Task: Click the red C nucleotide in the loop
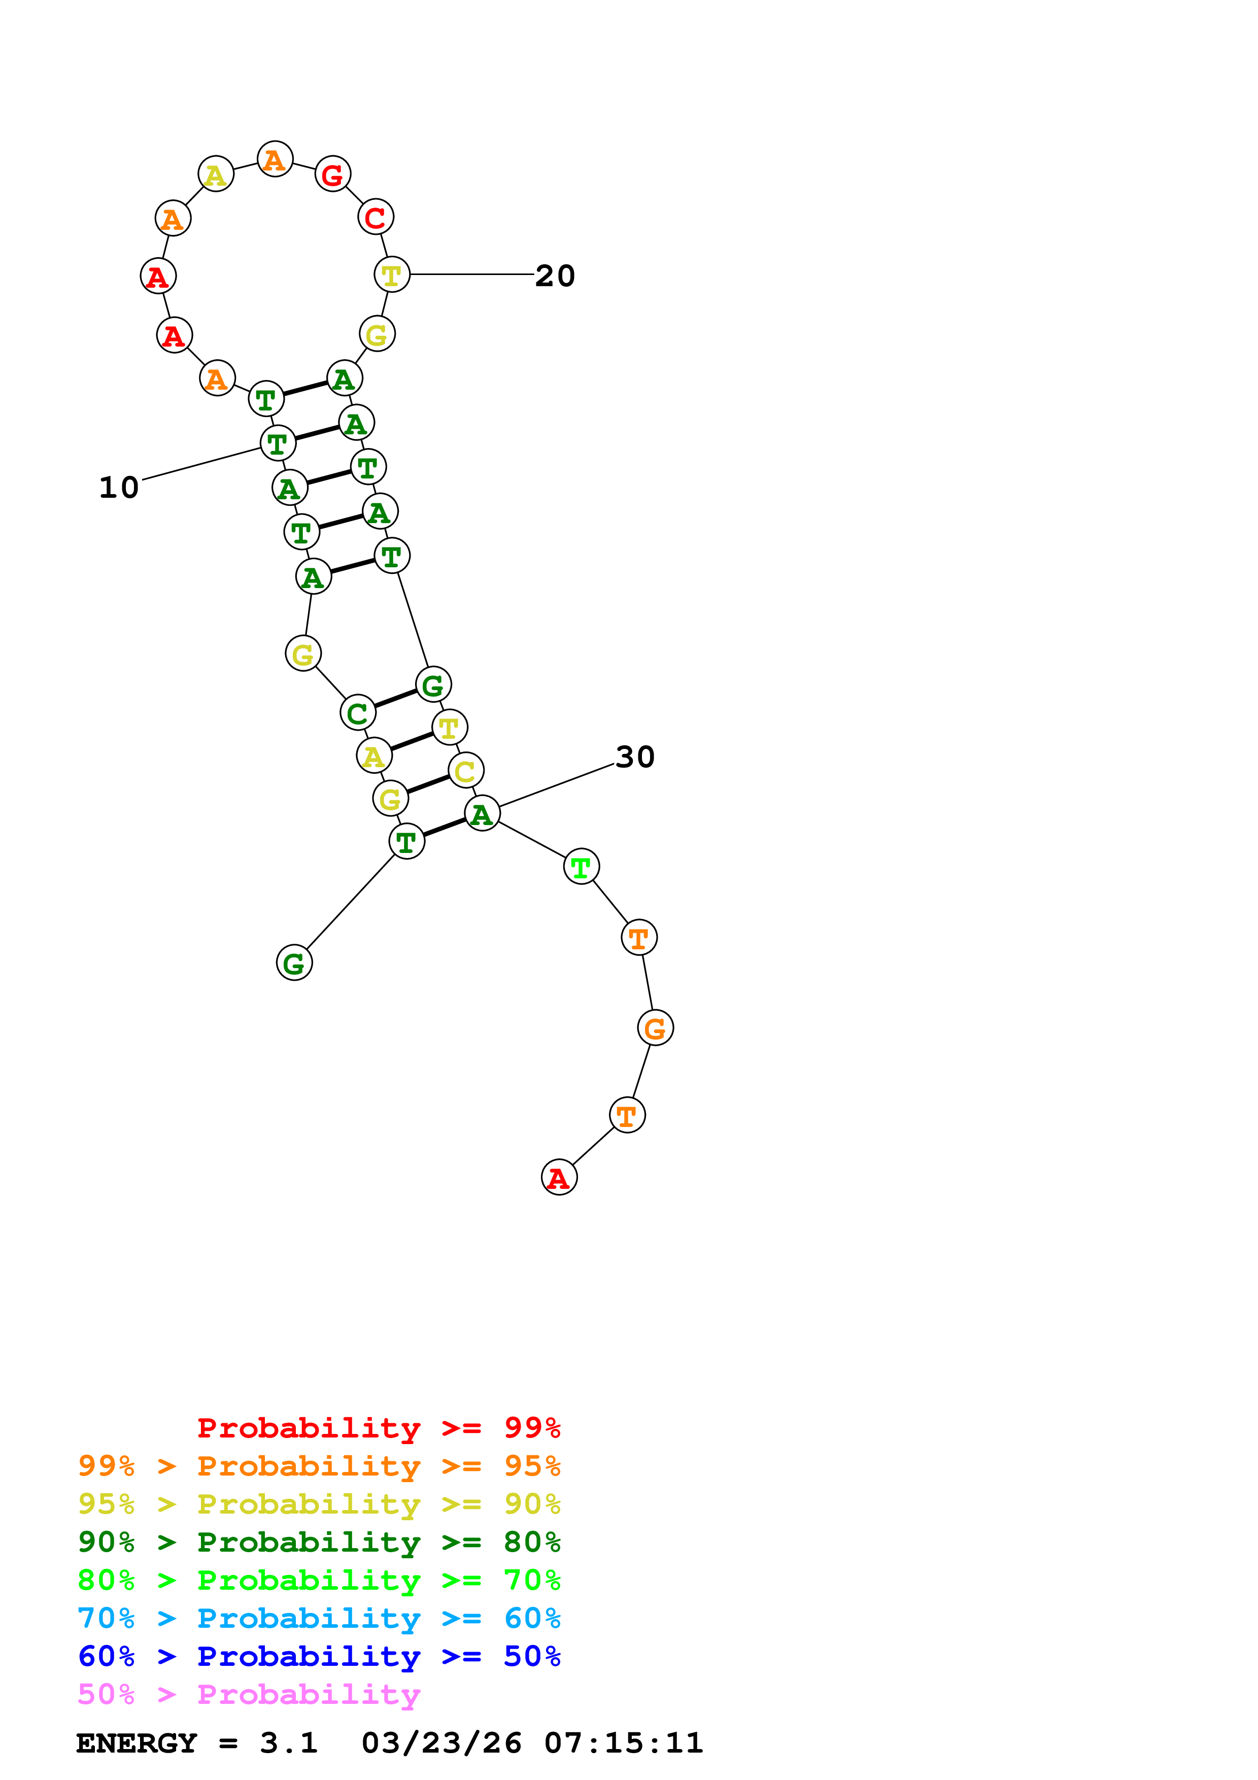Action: pyautogui.click(x=375, y=217)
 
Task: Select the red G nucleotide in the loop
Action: pyautogui.click(x=332, y=175)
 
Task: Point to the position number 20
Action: pyautogui.click(x=555, y=276)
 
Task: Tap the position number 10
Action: pyautogui.click(x=119, y=488)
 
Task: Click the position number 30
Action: pyautogui.click(x=635, y=757)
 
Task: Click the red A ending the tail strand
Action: pyautogui.click(x=558, y=1178)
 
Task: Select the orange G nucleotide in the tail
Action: pyautogui.click(x=655, y=1028)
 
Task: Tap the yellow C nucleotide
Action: pyautogui.click(x=465, y=771)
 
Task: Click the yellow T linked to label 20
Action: pyautogui.click(x=391, y=275)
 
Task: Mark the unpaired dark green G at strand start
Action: pyautogui.click(x=294, y=963)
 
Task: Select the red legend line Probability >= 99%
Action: pyautogui.click(x=378, y=1428)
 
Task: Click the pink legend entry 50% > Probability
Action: pyautogui.click(x=249, y=1694)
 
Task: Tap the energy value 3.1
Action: pyautogui.click(x=288, y=1743)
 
